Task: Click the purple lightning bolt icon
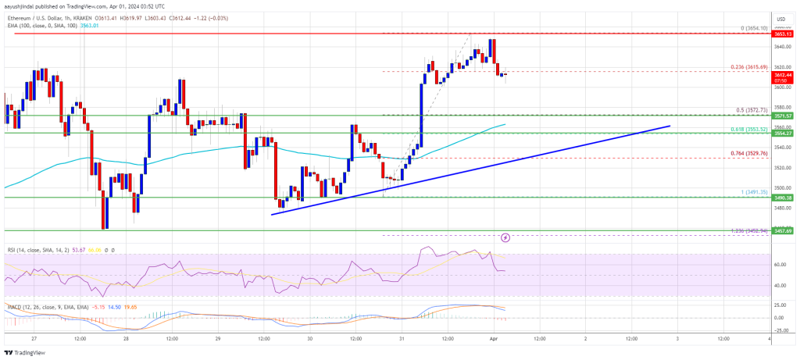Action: (505, 237)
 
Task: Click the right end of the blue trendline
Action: (670, 125)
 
